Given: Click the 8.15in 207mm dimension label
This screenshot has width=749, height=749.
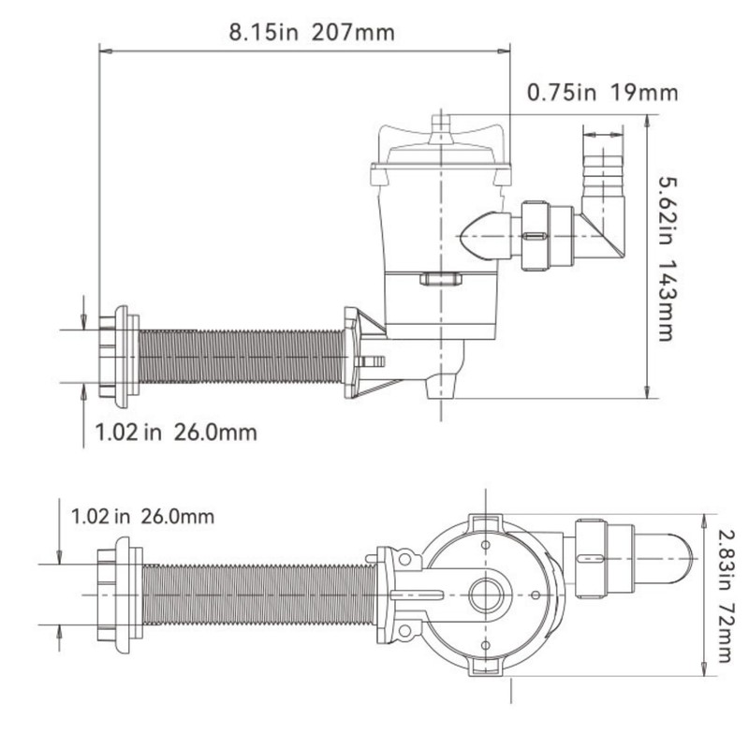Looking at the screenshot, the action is click(x=312, y=33).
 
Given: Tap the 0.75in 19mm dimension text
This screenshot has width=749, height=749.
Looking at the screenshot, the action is click(x=602, y=92).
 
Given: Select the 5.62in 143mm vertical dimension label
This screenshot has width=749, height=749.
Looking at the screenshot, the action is click(x=666, y=258).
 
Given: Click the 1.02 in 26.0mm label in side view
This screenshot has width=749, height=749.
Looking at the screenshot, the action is click(x=176, y=433).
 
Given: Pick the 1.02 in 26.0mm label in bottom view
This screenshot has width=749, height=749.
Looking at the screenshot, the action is click(x=142, y=517).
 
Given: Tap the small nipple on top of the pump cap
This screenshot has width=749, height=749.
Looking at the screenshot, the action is click(x=440, y=128).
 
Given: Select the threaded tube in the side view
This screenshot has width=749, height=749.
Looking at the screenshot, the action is click(x=242, y=357).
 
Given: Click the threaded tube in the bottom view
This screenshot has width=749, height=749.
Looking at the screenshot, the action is click(x=259, y=595).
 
